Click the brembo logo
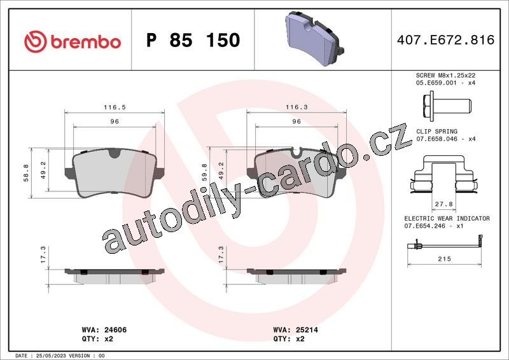click(73, 41)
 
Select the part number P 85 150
click(193, 40)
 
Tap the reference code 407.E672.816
click(445, 40)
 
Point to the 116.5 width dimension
click(115, 107)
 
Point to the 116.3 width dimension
click(296, 107)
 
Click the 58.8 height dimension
click(26, 173)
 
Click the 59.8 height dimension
click(204, 172)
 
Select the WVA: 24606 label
click(104, 330)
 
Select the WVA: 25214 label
click(296, 330)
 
